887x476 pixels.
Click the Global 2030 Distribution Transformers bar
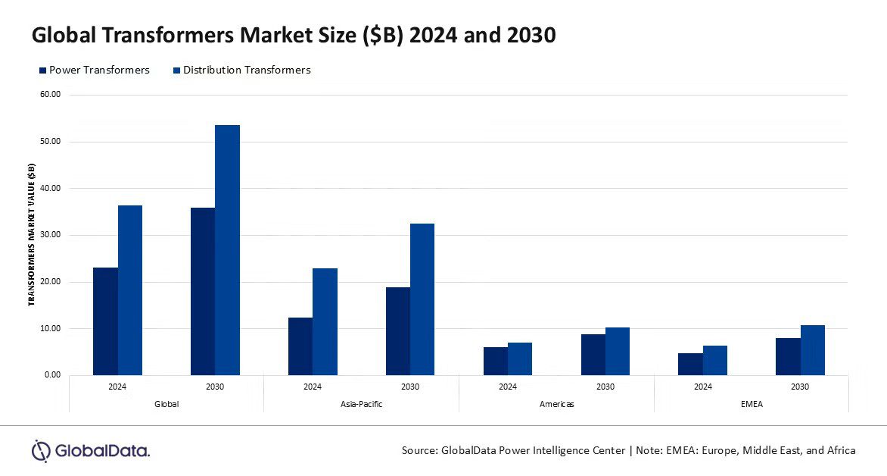click(227, 250)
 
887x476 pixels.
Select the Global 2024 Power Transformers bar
click(105, 321)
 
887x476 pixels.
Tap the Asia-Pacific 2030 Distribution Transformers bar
click(422, 299)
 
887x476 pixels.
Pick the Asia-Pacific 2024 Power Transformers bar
click(300, 346)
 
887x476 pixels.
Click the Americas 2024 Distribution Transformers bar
click(520, 359)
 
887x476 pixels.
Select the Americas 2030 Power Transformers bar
click(593, 355)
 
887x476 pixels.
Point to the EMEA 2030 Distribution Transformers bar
click(813, 350)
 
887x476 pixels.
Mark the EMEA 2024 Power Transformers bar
click(690, 364)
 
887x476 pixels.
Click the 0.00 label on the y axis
click(52, 374)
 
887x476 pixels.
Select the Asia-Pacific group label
click(361, 404)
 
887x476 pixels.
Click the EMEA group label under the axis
click(752, 404)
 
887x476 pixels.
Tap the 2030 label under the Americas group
click(605, 387)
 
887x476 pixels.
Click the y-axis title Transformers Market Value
click(32, 234)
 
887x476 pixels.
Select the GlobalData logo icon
click(41, 451)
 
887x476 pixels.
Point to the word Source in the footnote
click(419, 450)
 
